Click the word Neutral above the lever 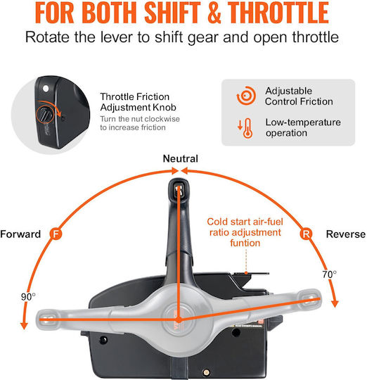[181, 159]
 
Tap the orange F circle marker [56, 234]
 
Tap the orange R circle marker [306, 234]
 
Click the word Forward [20, 234]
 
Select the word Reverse [346, 234]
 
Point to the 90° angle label [28, 297]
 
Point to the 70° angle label [329, 274]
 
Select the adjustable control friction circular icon [246, 96]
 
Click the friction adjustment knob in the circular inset [45, 115]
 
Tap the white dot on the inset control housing [46, 89]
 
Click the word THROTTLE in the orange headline [278, 12]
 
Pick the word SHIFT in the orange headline [172, 12]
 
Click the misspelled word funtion [245, 243]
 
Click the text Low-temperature [303, 122]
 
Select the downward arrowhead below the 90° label [24, 326]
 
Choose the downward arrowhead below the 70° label [335, 304]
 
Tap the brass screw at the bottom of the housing [206, 372]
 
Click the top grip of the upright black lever [179, 189]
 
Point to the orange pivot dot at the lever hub [179, 319]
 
